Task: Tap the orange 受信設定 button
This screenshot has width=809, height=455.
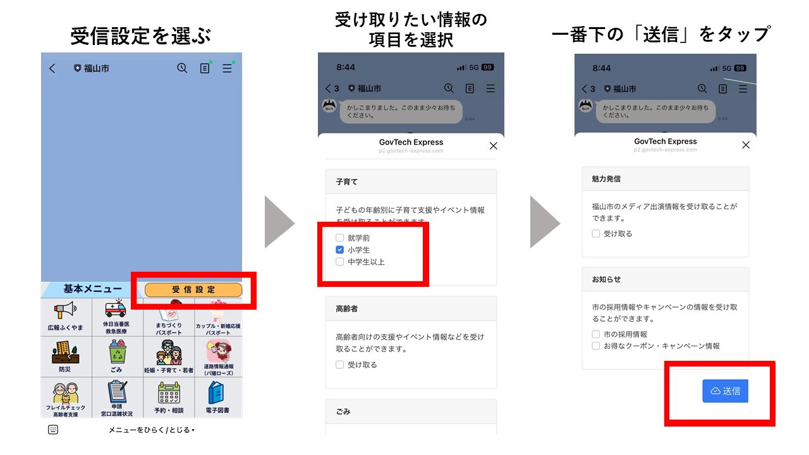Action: pos(193,289)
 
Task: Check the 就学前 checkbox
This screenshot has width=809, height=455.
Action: pos(340,238)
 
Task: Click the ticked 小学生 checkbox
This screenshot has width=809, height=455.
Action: pos(340,250)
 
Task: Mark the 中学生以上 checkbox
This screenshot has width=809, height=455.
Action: pos(340,262)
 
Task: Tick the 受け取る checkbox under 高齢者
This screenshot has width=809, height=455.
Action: pos(340,365)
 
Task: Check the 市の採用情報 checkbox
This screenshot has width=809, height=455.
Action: pos(596,334)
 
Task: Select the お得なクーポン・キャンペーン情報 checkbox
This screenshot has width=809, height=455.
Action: pos(596,346)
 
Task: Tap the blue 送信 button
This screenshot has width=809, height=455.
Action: pos(725,391)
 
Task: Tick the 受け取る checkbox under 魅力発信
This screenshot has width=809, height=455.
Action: pos(596,234)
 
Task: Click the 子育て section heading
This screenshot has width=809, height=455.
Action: pos(346,182)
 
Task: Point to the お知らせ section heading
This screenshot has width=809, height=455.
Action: pos(606,279)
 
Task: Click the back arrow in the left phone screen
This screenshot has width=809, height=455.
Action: pos(52,68)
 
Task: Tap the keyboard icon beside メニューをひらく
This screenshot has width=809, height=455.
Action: pos(53,430)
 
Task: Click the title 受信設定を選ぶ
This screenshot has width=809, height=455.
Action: pos(140,36)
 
